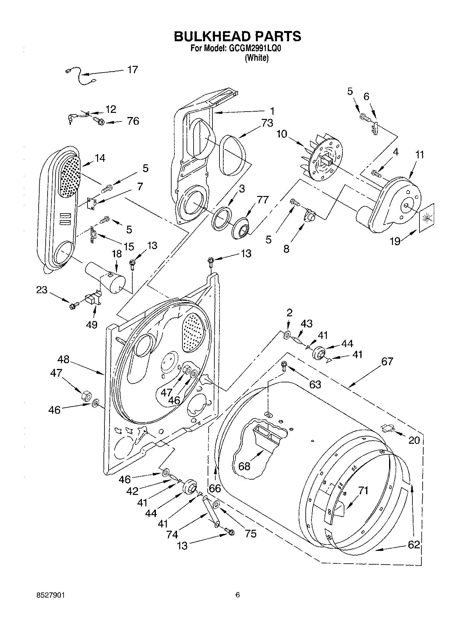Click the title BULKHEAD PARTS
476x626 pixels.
(x=237, y=36)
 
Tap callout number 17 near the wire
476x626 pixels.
(x=132, y=69)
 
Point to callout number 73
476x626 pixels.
(x=267, y=123)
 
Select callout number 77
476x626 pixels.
(x=262, y=200)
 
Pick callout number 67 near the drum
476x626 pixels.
(x=387, y=362)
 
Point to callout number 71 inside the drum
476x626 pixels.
(x=363, y=490)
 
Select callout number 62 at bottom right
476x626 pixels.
(x=414, y=544)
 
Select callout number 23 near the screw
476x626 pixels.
(x=42, y=290)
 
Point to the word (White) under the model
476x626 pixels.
(x=257, y=58)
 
